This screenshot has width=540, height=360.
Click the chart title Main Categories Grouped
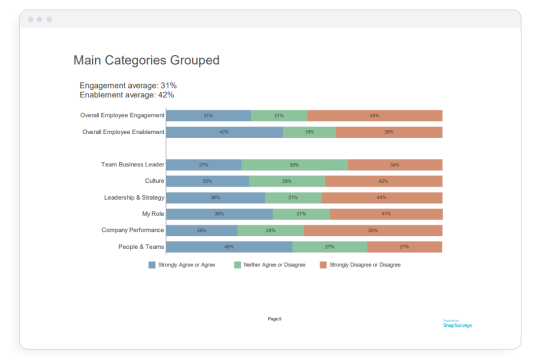(146, 60)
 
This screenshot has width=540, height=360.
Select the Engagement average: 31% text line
(128, 85)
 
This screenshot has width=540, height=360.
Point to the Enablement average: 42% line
(126, 94)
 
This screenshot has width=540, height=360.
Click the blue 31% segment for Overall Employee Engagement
(208, 115)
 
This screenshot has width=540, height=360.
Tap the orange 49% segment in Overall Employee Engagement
(374, 115)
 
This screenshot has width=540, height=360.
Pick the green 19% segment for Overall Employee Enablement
(309, 132)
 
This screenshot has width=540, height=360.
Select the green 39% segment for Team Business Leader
(294, 164)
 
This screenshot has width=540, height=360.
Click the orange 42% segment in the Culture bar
(383, 181)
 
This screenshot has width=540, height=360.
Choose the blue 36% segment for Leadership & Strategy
(215, 197)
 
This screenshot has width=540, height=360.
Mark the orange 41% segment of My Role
(386, 214)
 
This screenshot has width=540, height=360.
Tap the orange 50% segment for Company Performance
(373, 230)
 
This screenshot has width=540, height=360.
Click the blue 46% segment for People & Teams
(229, 246)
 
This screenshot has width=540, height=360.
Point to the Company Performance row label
(132, 230)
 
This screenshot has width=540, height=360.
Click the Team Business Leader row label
(132, 164)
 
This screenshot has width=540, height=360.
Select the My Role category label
(153, 213)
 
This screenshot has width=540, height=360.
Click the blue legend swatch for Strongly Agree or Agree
(152, 265)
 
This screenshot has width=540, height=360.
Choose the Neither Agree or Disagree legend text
(274, 265)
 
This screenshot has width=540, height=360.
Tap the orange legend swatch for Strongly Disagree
(323, 265)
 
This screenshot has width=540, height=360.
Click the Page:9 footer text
(274, 319)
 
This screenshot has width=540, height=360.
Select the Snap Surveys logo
(457, 324)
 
